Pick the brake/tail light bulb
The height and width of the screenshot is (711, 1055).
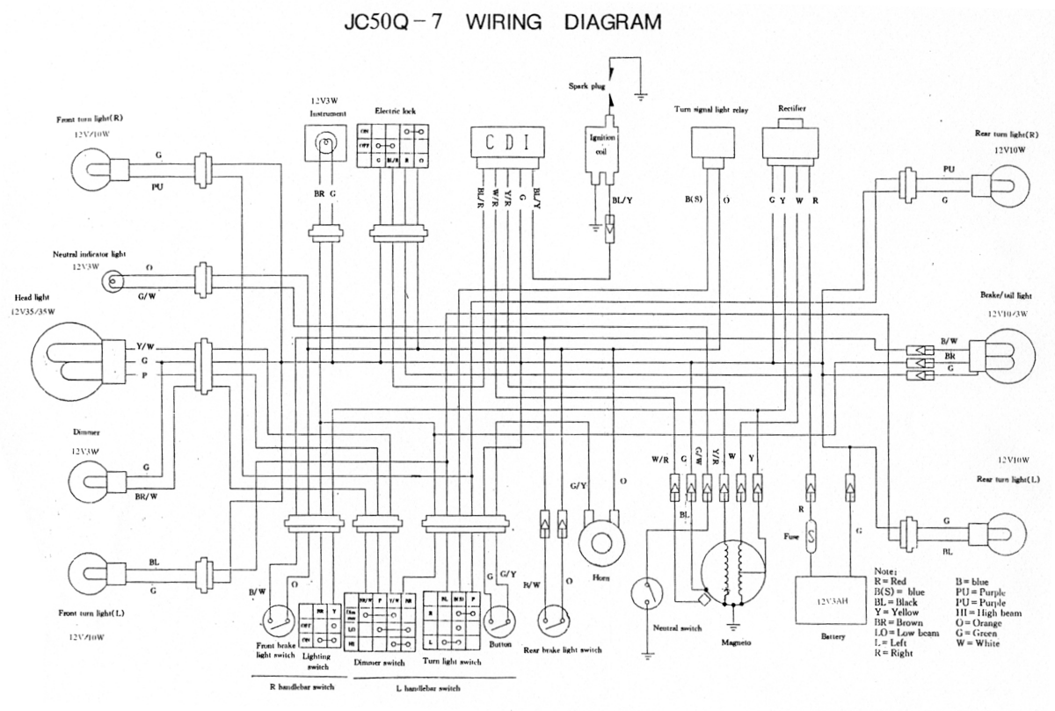pyautogui.click(x=1003, y=356)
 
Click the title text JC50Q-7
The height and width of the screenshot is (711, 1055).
pyautogui.click(x=394, y=22)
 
